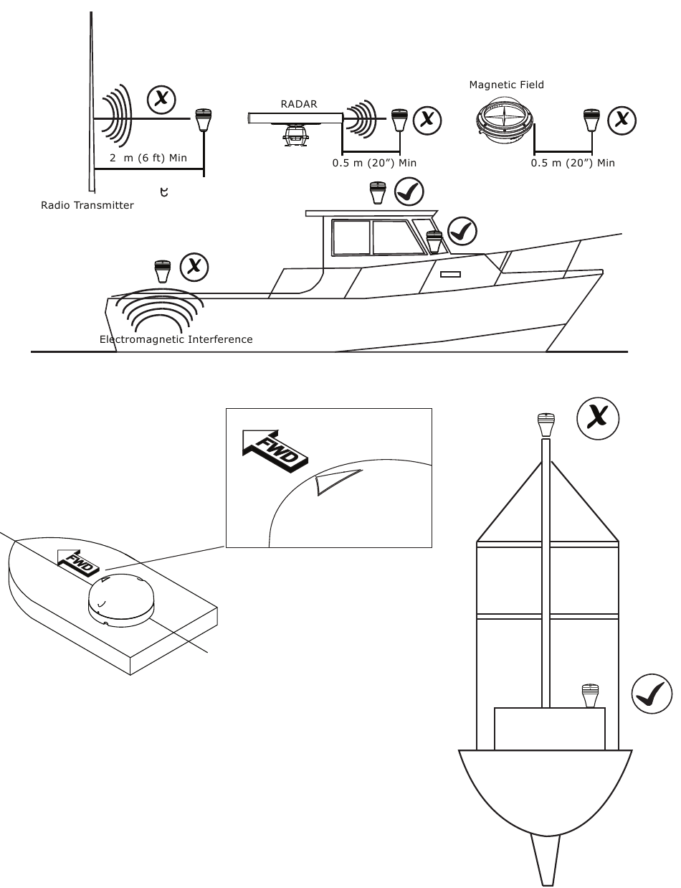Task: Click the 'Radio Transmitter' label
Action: click(x=87, y=205)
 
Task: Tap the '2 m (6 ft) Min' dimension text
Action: click(x=148, y=157)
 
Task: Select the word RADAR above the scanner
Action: click(x=298, y=104)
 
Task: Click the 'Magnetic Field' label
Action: click(x=506, y=85)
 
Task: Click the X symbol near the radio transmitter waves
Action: click(x=161, y=98)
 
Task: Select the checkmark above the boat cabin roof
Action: click(x=409, y=192)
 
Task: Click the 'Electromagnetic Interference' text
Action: click(x=176, y=339)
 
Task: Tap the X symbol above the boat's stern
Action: click(x=193, y=267)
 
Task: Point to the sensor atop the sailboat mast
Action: click(x=547, y=425)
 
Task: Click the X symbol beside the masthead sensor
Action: click(x=598, y=417)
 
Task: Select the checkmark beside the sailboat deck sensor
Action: click(x=652, y=694)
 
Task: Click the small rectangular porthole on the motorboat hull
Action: click(x=449, y=274)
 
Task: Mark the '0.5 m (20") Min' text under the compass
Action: click(x=573, y=163)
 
